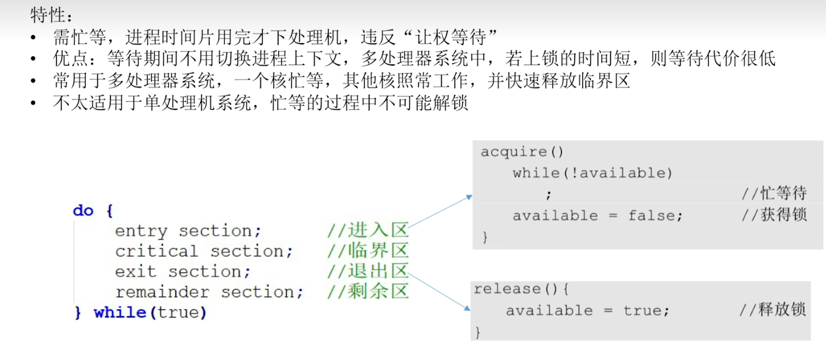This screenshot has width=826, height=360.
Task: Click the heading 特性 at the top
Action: [x=48, y=15]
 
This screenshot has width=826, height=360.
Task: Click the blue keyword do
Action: [x=83, y=210]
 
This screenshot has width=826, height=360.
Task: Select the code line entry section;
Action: [x=188, y=231]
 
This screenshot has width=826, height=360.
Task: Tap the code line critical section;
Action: [x=204, y=251]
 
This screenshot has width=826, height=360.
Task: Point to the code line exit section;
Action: [x=183, y=271]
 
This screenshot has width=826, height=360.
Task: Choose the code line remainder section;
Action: [x=209, y=292]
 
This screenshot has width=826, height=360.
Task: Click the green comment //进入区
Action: [x=368, y=231]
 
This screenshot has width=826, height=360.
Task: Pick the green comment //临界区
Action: [x=368, y=251]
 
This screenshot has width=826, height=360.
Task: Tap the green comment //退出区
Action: [x=368, y=271]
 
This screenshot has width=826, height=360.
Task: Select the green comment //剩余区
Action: [x=368, y=292]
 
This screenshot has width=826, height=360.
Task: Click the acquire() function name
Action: [x=522, y=152]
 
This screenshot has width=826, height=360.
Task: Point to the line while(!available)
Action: [x=592, y=173]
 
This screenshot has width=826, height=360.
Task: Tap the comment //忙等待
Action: [x=774, y=194]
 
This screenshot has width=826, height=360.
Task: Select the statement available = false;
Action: [x=598, y=216]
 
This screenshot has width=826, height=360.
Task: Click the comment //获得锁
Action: [x=774, y=216]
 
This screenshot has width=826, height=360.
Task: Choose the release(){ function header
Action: [x=521, y=289]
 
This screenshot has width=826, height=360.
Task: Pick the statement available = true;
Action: [x=587, y=311]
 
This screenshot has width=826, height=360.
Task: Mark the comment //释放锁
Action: [x=773, y=311]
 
